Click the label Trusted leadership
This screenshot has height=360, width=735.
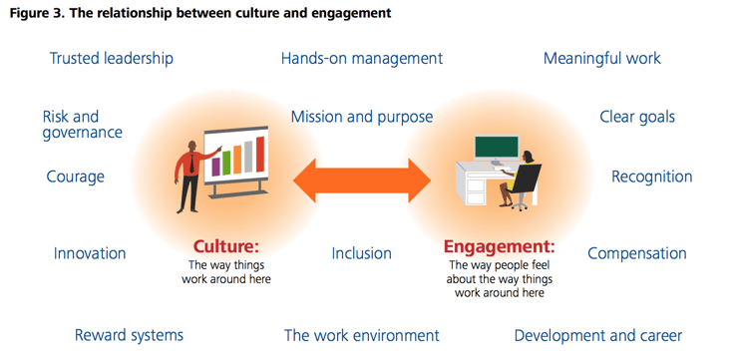[112, 58]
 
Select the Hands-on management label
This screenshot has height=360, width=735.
[362, 58]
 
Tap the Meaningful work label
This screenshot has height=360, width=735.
[602, 58]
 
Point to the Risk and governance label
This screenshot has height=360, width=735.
[82, 125]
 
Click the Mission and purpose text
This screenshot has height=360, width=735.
[362, 117]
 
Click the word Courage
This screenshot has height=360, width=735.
[76, 177]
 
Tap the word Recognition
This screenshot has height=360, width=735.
[651, 177]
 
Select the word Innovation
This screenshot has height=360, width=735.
[90, 253]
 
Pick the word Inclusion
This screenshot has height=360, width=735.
[361, 253]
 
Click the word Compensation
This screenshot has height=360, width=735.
[639, 253]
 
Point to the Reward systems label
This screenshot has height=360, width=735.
[129, 335]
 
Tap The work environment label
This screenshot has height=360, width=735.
[361, 335]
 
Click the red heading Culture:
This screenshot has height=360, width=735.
[226, 245]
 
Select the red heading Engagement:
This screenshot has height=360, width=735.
[499, 245]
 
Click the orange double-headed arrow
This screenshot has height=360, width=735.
[362, 180]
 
